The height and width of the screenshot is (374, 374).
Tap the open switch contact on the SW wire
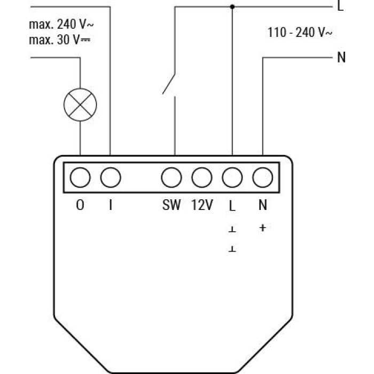click(x=169, y=84)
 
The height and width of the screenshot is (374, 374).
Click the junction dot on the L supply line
click(x=232, y=7)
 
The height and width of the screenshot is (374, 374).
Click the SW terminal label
click(x=172, y=205)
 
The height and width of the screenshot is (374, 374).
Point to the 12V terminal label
click(x=202, y=205)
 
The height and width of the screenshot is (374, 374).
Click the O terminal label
click(x=80, y=205)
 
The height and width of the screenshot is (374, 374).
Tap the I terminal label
click(x=111, y=205)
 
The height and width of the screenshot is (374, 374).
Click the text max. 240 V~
click(x=61, y=25)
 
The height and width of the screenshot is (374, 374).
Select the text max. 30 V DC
click(x=60, y=40)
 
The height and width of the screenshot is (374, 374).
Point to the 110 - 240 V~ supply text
click(x=300, y=32)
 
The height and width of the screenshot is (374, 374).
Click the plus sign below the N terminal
click(x=263, y=228)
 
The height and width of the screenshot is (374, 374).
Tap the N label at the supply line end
click(x=341, y=57)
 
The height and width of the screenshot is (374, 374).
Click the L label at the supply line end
click(x=341, y=6)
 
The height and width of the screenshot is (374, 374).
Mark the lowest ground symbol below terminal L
click(x=232, y=249)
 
